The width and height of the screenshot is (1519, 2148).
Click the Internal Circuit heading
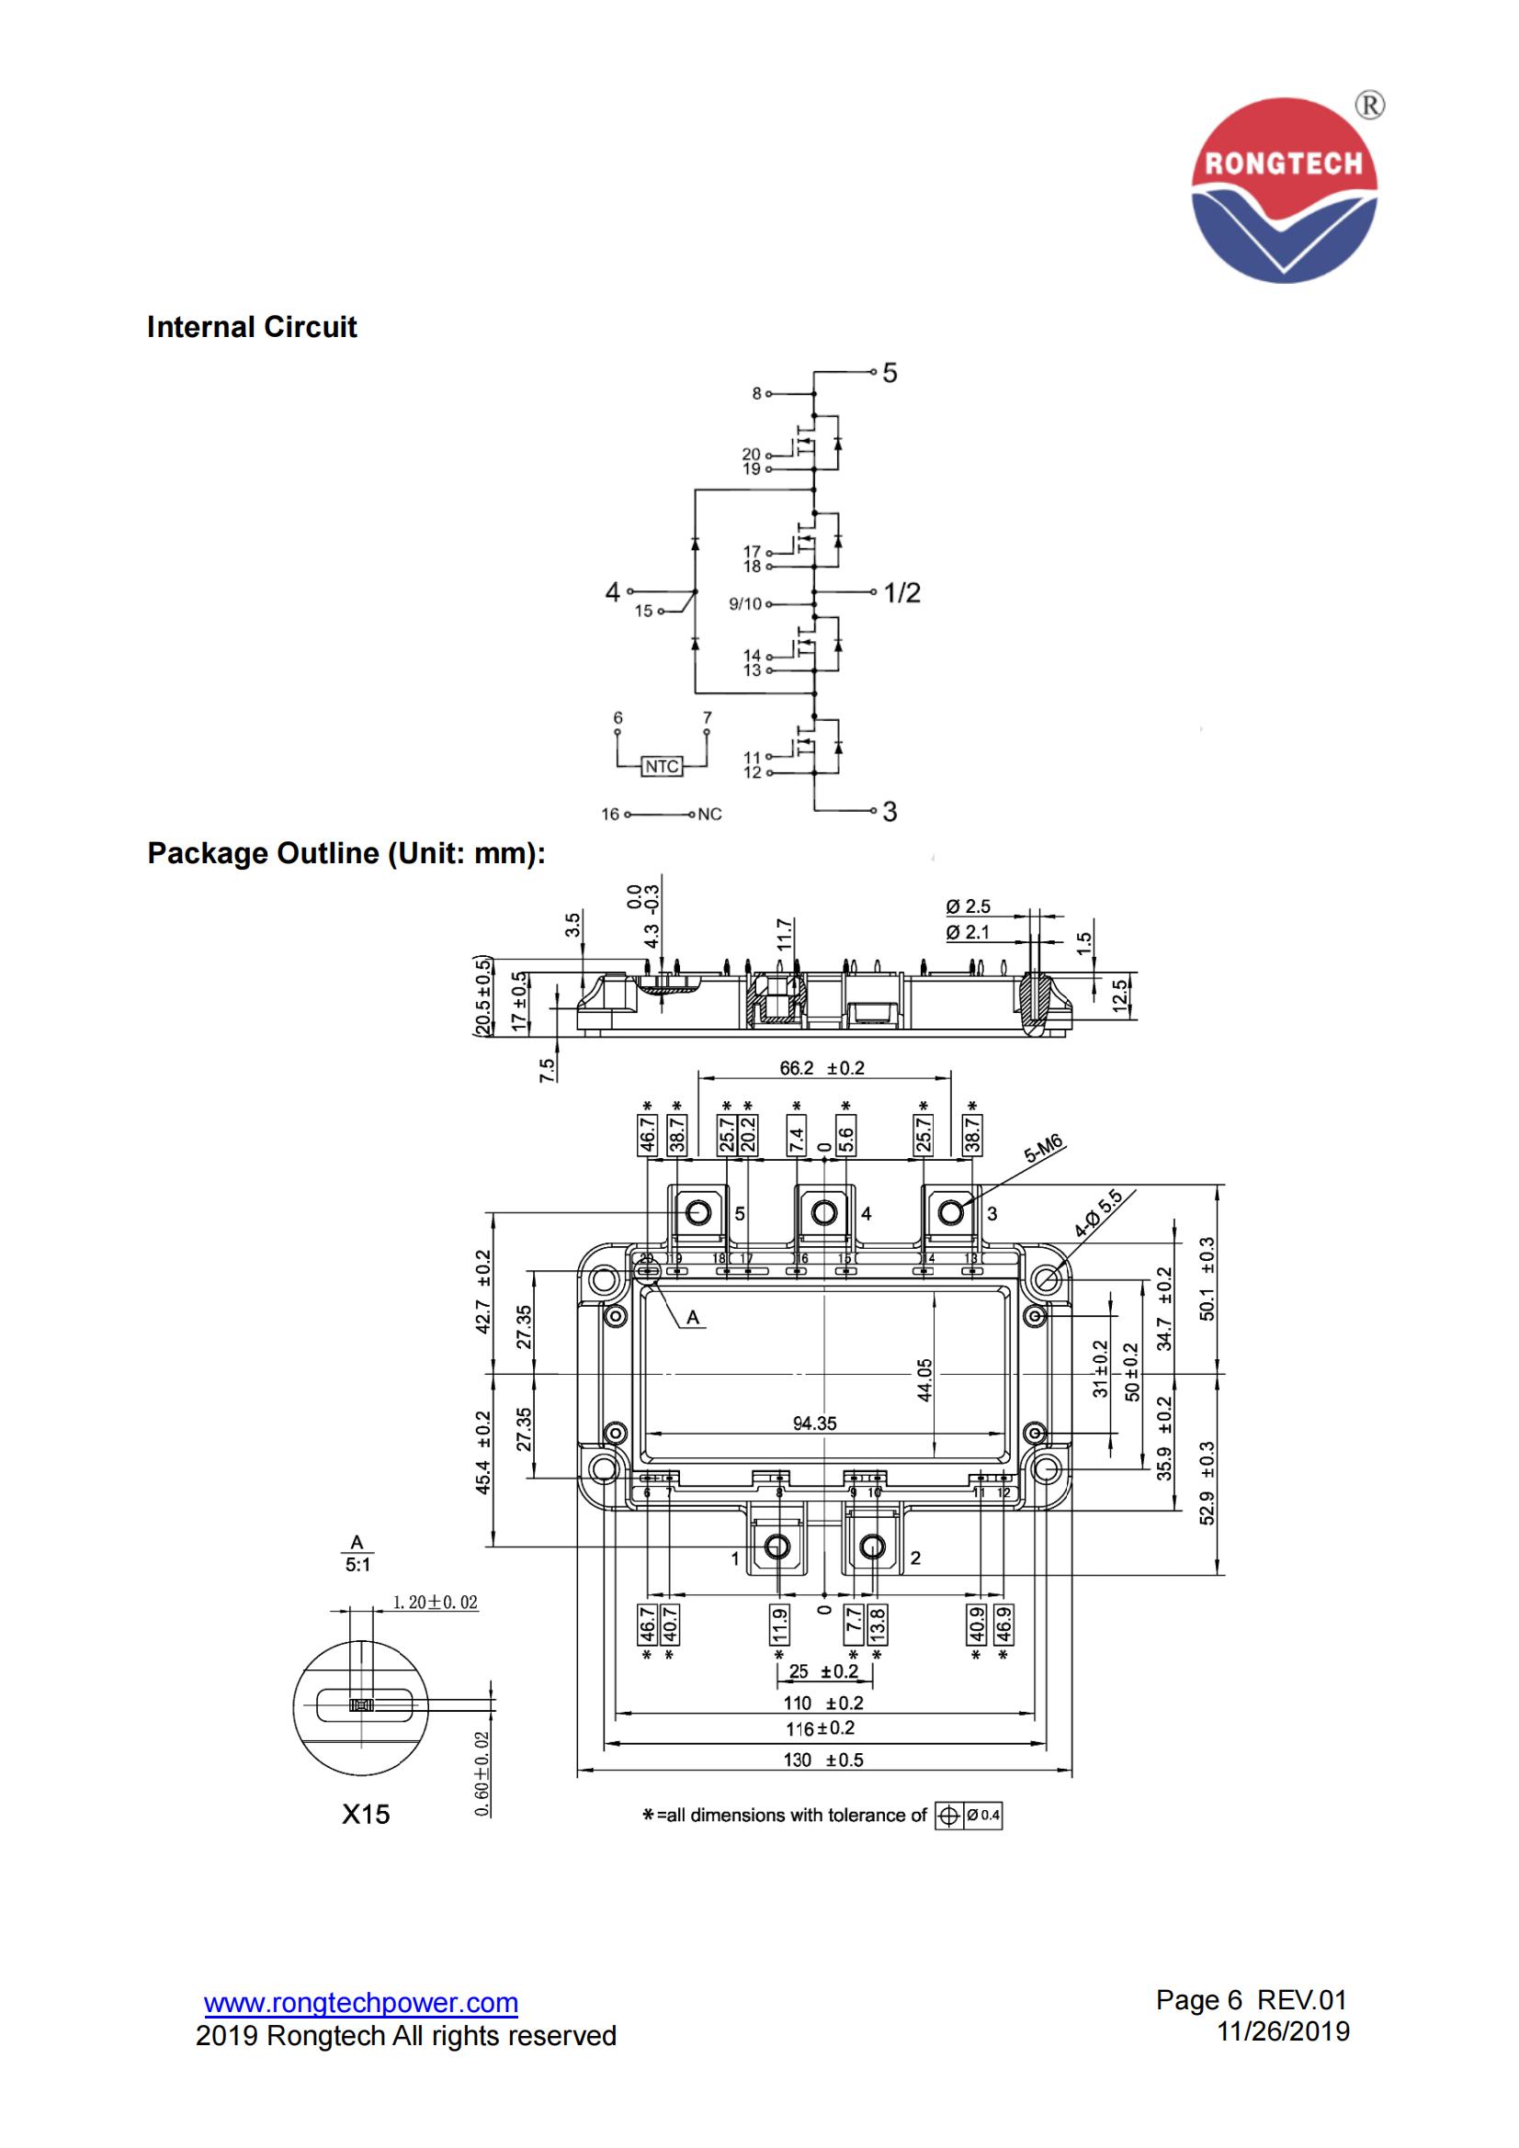pyautogui.click(x=252, y=328)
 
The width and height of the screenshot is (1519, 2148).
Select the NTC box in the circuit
pyautogui.click(x=662, y=766)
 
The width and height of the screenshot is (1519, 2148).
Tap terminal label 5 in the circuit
pyautogui.click(x=890, y=373)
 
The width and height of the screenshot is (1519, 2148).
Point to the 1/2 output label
pyautogui.click(x=902, y=592)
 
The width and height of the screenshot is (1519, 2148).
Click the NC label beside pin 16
pyautogui.click(x=709, y=814)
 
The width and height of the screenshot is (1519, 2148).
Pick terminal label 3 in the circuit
pyautogui.click(x=890, y=811)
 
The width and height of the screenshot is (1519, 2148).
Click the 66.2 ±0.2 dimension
pyautogui.click(x=822, y=1068)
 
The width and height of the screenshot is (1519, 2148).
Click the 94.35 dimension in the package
pyautogui.click(x=814, y=1423)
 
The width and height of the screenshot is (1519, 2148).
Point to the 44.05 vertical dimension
pyautogui.click(x=924, y=1380)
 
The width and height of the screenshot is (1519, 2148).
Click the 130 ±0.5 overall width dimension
pyautogui.click(x=822, y=1760)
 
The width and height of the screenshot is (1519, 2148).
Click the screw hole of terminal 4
pyautogui.click(x=823, y=1213)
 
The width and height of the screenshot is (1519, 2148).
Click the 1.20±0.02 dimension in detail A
pyautogui.click(x=435, y=1602)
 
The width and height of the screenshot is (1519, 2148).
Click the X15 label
pyautogui.click(x=365, y=1814)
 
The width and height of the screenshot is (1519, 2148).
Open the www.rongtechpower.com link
pyautogui.click(x=360, y=2002)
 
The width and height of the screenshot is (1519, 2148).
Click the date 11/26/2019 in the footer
pyautogui.click(x=1282, y=2030)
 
